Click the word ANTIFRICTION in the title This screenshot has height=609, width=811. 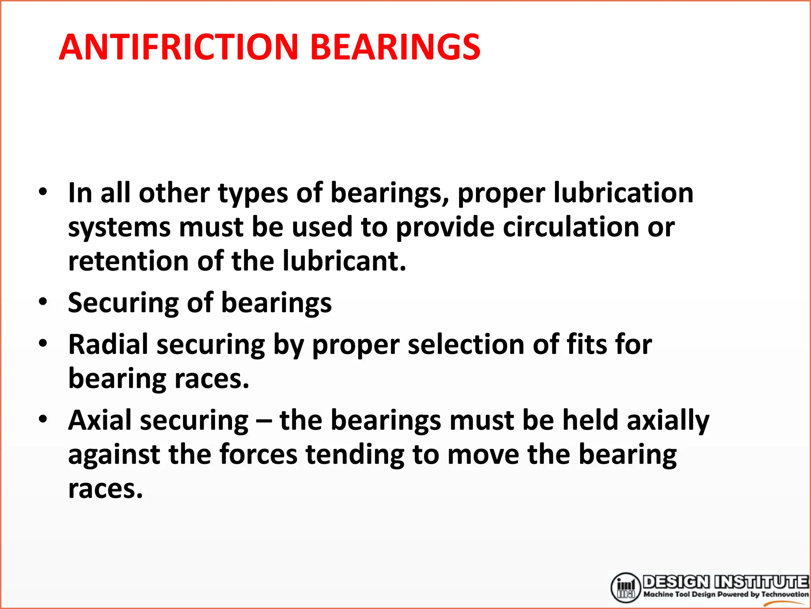pyautogui.click(x=178, y=47)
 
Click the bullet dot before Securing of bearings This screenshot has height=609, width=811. pyautogui.click(x=43, y=301)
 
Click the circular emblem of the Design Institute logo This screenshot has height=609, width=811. pyautogui.click(x=625, y=587)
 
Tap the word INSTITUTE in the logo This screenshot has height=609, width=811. pyautogui.click(x=762, y=582)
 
